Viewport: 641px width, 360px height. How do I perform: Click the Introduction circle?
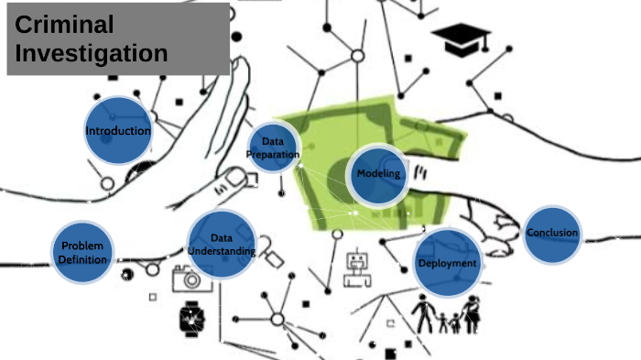click(x=118, y=131)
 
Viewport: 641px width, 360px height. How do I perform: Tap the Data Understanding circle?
click(x=221, y=244)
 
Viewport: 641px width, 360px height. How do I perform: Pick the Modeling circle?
click(x=377, y=174)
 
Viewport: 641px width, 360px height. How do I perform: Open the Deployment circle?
click(x=448, y=263)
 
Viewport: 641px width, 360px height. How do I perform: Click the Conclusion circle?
click(x=553, y=234)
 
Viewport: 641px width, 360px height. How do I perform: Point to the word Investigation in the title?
click(x=92, y=53)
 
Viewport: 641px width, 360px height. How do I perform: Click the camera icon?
click(x=191, y=278)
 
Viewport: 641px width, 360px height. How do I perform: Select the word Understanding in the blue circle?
click(x=221, y=251)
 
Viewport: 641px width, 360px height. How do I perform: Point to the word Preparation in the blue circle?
click(x=273, y=155)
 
